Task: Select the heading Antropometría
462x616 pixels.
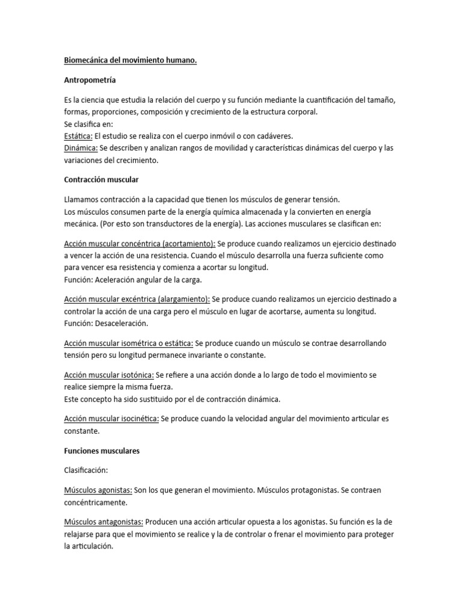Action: point(90,80)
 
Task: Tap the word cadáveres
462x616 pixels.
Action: point(272,136)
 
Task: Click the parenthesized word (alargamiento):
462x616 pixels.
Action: point(179,299)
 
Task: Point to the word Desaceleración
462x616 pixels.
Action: point(119,324)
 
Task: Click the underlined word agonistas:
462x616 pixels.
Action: point(114,490)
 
